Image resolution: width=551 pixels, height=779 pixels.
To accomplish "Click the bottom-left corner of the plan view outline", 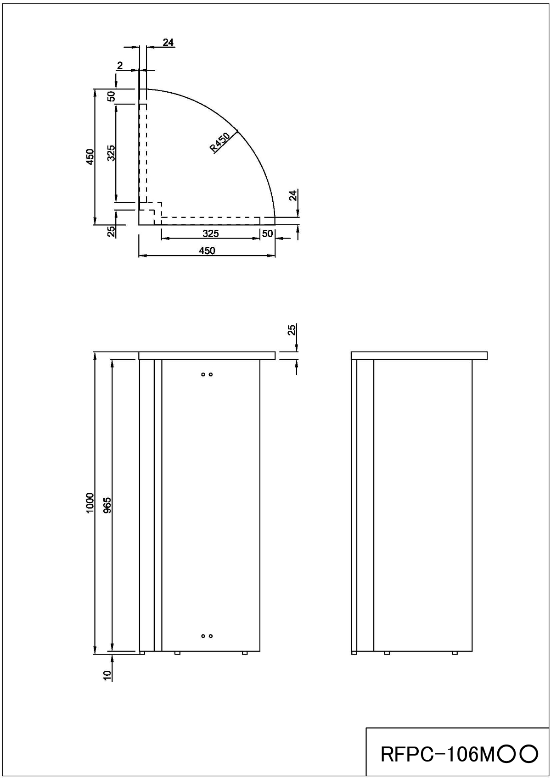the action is (x=139, y=225).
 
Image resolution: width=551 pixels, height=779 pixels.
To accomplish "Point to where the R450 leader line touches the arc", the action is (x=237, y=131).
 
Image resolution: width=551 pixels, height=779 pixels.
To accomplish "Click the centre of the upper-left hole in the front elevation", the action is (x=203, y=374).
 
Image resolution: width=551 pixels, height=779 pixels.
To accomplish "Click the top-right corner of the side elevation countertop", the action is (x=487, y=352).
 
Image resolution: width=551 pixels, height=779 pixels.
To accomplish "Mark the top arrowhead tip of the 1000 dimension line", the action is (x=95, y=352).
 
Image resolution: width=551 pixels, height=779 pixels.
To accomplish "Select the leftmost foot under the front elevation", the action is (x=142, y=653).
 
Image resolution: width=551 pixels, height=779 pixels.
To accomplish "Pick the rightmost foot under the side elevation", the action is (x=455, y=653).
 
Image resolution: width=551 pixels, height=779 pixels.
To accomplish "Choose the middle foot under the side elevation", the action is (x=387, y=653).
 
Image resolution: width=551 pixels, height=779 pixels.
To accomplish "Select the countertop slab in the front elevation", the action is (x=207, y=356).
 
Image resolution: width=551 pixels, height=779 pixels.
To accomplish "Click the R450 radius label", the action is (x=220, y=142).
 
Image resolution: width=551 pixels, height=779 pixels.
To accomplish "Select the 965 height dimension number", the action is (x=107, y=505).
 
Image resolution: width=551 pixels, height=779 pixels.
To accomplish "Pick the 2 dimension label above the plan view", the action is (x=120, y=66).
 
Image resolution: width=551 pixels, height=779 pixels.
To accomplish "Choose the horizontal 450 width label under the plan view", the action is (x=207, y=250).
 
